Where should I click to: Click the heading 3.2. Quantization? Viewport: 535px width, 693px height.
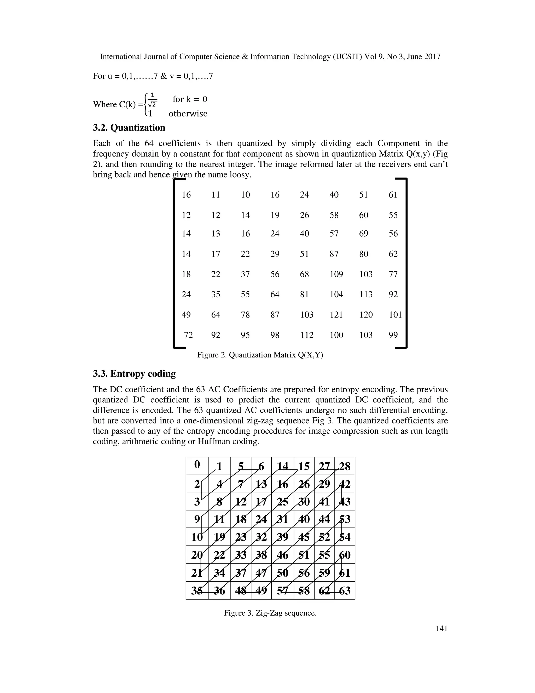[129, 128]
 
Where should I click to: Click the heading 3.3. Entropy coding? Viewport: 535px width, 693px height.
[134, 373]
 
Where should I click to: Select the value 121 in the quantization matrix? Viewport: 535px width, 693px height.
[336, 315]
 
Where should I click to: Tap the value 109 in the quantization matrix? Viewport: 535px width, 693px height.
[336, 274]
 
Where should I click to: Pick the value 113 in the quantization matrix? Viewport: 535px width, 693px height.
[365, 294]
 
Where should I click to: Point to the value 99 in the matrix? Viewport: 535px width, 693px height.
[393, 335]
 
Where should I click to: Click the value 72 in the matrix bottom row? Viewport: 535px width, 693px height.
[188, 335]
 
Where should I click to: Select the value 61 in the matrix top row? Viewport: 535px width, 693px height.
[393, 195]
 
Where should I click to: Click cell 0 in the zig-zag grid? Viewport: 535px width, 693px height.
[197, 465]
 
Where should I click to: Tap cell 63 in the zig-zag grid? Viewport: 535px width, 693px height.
[345, 591]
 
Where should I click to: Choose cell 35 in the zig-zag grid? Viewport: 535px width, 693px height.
[197, 591]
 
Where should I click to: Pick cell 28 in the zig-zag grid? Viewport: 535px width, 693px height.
[345, 467]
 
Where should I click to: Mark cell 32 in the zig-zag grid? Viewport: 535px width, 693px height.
[261, 537]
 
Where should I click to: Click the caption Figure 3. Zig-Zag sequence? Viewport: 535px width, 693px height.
[270, 613]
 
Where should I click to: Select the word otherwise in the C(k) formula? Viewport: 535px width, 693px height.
[188, 113]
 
